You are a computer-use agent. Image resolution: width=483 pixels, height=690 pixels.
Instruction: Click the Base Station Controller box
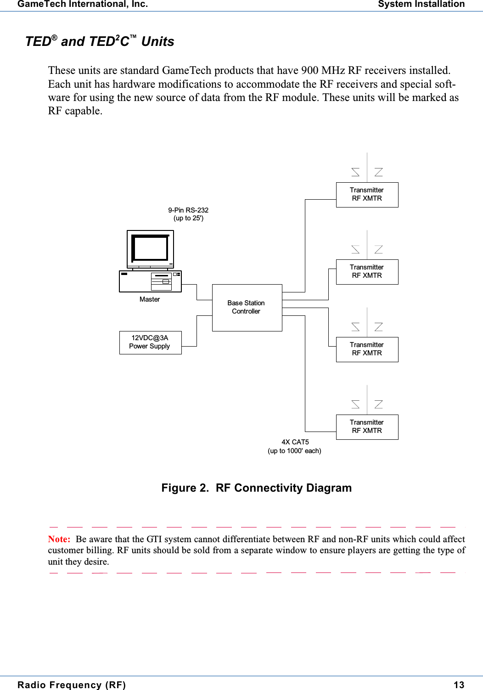tap(247, 307)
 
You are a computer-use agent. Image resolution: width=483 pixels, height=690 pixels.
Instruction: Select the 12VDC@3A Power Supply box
tap(150, 342)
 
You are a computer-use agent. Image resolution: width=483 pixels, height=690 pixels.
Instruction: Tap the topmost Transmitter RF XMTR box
tap(367, 194)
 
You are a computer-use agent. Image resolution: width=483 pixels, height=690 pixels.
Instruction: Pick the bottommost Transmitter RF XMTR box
tap(367, 426)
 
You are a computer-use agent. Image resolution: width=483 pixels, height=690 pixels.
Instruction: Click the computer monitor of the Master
tap(150, 248)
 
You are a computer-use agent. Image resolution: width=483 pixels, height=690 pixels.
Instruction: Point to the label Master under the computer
tap(150, 299)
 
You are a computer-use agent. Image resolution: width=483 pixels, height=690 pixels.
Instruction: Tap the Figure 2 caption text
tap(256, 488)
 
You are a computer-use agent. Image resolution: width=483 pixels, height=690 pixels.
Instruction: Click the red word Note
tap(59, 539)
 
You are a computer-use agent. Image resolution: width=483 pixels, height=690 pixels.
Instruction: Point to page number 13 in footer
tap(459, 685)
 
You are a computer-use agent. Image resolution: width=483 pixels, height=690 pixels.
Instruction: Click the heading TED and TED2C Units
tap(100, 41)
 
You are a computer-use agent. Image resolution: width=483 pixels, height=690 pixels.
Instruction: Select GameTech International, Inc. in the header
tap(83, 5)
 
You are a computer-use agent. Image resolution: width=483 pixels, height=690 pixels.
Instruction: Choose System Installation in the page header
tap(421, 5)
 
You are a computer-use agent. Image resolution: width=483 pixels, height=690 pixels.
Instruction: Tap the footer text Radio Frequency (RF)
tap(72, 685)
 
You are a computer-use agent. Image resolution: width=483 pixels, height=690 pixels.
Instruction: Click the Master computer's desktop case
tap(150, 281)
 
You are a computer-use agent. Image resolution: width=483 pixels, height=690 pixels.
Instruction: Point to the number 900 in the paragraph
tap(309, 70)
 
